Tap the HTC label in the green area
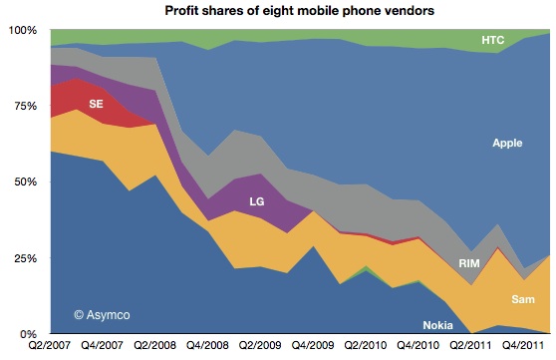click(x=492, y=41)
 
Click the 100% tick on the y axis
click(x=21, y=31)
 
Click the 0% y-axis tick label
click(x=27, y=333)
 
